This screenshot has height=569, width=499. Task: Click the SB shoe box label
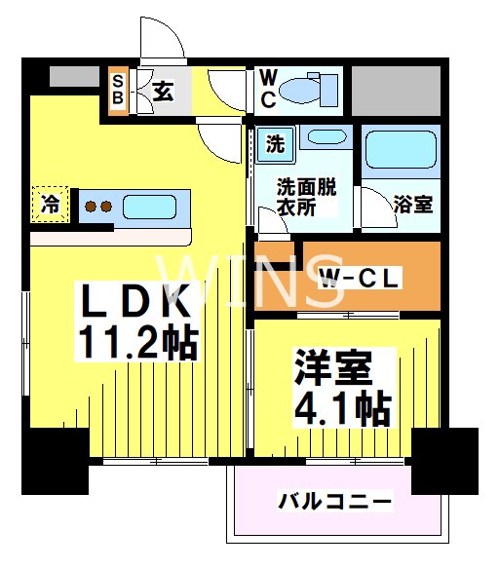click(x=118, y=91)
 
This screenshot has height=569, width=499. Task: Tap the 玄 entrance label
click(x=163, y=92)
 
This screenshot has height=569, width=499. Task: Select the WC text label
click(x=267, y=90)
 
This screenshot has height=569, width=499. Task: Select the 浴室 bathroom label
click(x=413, y=206)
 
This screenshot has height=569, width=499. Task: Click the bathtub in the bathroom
click(x=400, y=149)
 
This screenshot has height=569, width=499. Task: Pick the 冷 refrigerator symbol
click(x=49, y=205)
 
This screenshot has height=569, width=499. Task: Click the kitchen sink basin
click(x=149, y=208)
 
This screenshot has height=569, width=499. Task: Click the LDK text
click(x=134, y=297)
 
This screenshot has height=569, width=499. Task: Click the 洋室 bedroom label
click(x=332, y=368)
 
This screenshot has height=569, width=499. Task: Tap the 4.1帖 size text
click(x=342, y=408)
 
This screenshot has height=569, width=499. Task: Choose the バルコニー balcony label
click(x=335, y=503)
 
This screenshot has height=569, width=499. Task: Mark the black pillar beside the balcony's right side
click(x=444, y=461)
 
